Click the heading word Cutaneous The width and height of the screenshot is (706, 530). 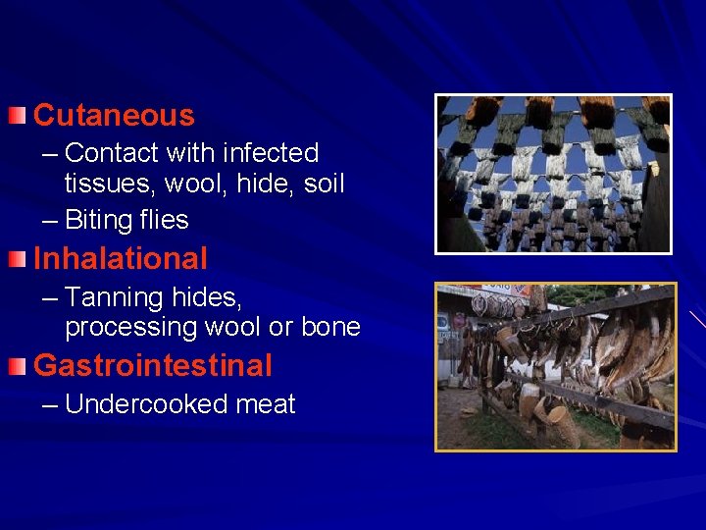coord(114,116)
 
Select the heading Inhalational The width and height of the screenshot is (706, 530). coord(121,259)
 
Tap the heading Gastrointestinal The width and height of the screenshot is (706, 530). coord(153,366)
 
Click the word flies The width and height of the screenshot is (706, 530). coord(163,220)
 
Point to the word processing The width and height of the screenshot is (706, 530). coord(126,327)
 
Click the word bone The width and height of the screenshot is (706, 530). coord(330,327)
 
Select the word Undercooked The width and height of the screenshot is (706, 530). coord(147,404)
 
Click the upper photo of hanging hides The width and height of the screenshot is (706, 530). coord(553,175)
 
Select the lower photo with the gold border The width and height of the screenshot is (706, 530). coord(555,367)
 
